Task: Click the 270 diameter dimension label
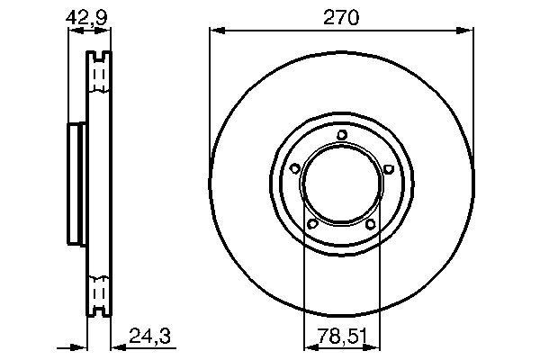342,15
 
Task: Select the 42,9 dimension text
87,15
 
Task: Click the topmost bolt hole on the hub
342,136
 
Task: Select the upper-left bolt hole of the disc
296,168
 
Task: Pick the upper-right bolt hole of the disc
387,168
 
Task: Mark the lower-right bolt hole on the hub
370,223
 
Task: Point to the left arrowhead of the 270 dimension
215,31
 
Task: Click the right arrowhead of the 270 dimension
469,31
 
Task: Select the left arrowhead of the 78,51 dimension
309,346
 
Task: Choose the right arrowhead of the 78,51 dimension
375,346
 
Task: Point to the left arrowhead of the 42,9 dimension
73,31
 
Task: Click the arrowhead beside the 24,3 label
114,346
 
